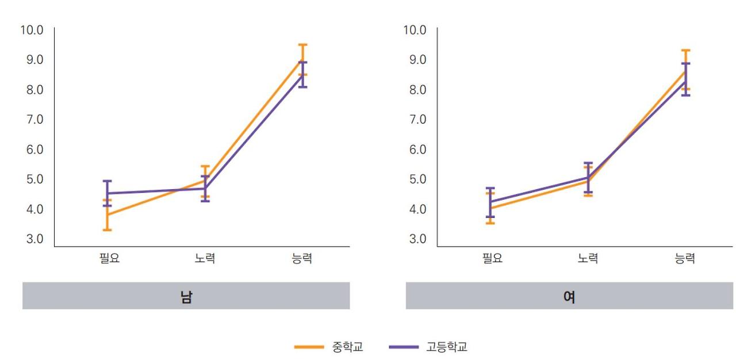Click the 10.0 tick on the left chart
[x=32, y=30]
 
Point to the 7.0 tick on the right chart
[x=415, y=120]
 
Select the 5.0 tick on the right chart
[x=415, y=179]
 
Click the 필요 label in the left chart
[x=109, y=259]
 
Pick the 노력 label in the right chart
[x=588, y=259]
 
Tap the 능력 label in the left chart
[x=302, y=259]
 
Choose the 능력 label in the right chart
[x=685, y=259]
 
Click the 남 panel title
[x=186, y=297]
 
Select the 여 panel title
[x=569, y=297]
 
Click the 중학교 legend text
[x=348, y=347]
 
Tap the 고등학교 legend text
[x=447, y=347]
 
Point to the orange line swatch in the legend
[x=309, y=347]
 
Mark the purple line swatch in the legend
[x=404, y=347]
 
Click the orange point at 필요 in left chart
[x=107, y=215]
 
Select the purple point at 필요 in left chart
[x=107, y=193]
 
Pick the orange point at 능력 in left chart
[x=302, y=59]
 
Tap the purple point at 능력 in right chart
[x=685, y=81]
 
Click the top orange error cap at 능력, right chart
[x=685, y=51]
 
